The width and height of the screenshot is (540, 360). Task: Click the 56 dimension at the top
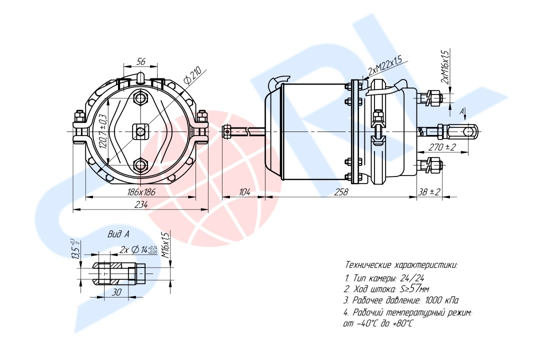coord(141,61)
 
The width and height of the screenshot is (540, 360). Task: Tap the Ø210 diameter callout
coord(192,75)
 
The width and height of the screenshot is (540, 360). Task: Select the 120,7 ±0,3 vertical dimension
coord(103,131)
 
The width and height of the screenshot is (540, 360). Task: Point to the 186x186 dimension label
coord(141,192)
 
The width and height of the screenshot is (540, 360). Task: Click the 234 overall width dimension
coord(141,204)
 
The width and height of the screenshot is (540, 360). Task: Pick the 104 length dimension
coord(244,192)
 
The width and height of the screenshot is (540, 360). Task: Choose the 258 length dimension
coord(341,192)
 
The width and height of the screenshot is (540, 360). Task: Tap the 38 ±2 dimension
coord(429,192)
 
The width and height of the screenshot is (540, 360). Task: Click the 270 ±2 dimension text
coord(442,147)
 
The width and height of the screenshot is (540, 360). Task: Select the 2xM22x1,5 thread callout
coord(384,66)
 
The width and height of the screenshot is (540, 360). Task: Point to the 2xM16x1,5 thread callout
coord(444,67)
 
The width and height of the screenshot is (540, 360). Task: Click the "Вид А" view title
coord(118,234)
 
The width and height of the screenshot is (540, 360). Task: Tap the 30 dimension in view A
coord(117,292)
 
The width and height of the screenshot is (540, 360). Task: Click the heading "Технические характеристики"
coord(401,265)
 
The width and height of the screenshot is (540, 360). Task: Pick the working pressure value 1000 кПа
coord(442,300)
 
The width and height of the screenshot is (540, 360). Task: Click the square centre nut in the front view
coord(140,131)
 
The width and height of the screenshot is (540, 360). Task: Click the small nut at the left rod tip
coord(227,131)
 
